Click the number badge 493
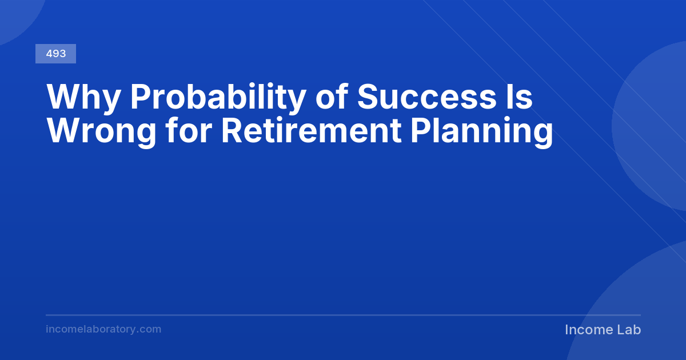(x=56, y=54)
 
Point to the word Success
(x=427, y=97)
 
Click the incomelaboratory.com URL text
(x=103, y=329)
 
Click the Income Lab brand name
(x=603, y=330)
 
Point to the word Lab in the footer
(x=629, y=330)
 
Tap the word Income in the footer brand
(x=588, y=330)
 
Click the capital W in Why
(x=65, y=96)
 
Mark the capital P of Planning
(x=421, y=130)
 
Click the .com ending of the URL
(x=149, y=329)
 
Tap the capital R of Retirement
(x=232, y=130)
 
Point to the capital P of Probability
(x=141, y=96)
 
